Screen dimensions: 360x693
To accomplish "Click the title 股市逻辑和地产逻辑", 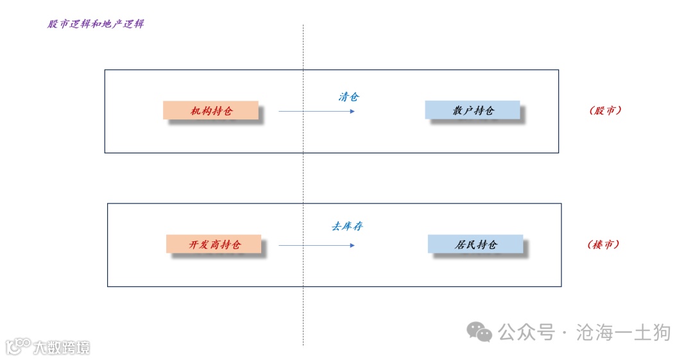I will [x=96, y=24].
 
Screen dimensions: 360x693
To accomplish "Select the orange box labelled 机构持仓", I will [x=210, y=110].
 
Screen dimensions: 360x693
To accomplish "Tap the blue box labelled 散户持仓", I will [x=472, y=110].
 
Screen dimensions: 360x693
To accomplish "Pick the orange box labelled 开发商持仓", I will [x=214, y=244].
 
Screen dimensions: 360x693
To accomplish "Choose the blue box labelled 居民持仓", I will [x=475, y=244].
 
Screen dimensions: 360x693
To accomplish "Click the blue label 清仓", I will [x=348, y=97].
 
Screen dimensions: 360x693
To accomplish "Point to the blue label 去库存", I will [x=347, y=226].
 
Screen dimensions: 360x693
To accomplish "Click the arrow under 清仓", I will [x=316, y=111].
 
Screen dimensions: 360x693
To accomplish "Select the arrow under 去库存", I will [x=316, y=244].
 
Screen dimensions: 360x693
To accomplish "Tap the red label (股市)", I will [x=605, y=110].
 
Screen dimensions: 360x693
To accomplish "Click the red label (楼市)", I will [x=603, y=244].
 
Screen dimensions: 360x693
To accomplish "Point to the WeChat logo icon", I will [x=479, y=332].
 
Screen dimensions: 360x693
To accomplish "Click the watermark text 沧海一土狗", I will [x=623, y=332].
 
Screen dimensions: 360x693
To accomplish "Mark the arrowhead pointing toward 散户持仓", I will [x=352, y=111].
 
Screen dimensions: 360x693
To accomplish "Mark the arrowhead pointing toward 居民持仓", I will [x=352, y=244].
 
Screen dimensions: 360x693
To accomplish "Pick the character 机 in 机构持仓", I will [x=195, y=111].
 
